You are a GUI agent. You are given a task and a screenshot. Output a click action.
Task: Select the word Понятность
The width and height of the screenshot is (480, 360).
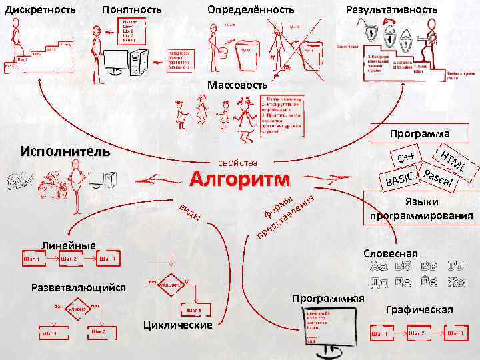131,10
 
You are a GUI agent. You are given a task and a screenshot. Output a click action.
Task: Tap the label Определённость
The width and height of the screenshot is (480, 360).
251,10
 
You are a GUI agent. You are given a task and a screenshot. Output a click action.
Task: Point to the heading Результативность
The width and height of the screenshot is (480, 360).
391,10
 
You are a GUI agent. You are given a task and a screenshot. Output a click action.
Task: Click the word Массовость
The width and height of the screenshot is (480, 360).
237,85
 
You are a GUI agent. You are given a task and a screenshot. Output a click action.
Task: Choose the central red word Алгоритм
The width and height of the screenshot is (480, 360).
240,179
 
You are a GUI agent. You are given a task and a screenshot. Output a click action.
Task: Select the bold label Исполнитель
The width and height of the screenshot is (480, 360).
65,150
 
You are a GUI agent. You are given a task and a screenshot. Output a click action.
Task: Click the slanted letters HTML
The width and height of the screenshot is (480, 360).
455,160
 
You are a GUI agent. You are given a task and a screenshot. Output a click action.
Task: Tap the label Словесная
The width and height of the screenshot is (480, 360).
391,253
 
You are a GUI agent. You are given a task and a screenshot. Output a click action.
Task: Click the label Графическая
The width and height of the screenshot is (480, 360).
419,309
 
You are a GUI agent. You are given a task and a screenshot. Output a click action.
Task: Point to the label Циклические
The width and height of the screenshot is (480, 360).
178,325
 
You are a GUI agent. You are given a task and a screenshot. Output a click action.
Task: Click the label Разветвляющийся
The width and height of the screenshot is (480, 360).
79,288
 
